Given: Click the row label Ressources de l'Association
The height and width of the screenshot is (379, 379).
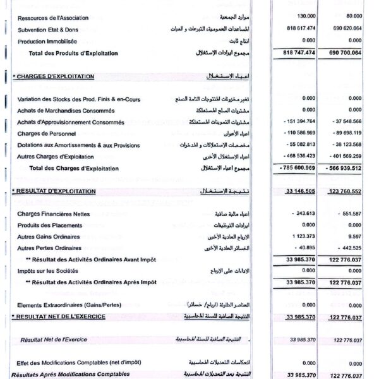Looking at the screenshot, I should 53,18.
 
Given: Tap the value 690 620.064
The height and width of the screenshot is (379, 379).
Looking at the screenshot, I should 347,29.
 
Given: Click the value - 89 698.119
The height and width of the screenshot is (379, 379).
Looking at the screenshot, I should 346,133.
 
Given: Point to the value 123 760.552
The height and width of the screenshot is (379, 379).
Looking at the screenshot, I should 345,191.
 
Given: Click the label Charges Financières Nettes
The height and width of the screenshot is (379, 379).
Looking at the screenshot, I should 54,214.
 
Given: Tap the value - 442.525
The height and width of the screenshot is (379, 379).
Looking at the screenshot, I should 348,248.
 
